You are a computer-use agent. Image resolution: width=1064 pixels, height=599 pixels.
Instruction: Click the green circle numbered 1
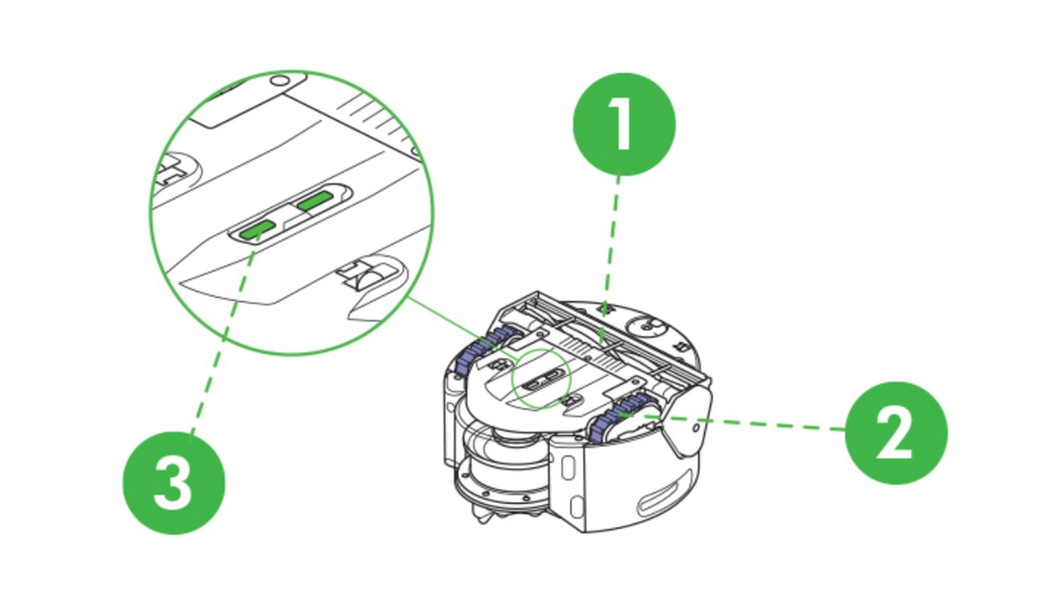(x=624, y=124)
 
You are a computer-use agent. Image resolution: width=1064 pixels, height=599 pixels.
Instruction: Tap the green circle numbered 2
(x=896, y=433)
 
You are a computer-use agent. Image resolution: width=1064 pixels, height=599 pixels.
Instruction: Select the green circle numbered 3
(x=174, y=483)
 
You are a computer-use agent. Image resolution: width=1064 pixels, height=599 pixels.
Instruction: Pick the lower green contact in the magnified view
(x=257, y=229)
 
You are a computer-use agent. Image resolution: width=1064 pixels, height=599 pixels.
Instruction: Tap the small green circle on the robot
(x=541, y=378)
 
